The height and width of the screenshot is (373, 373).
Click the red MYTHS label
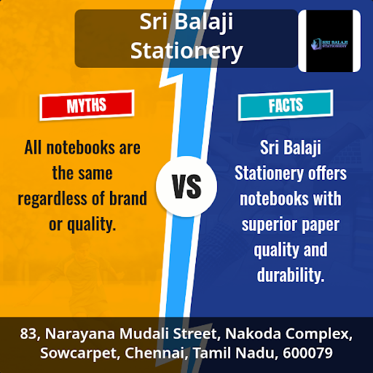pos(87,105)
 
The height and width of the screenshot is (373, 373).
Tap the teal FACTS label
pos(286,105)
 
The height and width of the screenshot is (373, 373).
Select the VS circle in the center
pos(186,186)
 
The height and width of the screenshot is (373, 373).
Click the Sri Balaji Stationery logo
pos(329,41)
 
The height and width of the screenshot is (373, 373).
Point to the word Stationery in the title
pos(186,51)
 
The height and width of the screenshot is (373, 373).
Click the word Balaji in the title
pos(203,23)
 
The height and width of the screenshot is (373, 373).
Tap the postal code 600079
pos(307,353)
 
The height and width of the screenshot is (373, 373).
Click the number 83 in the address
pos(28,334)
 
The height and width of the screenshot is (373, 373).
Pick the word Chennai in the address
pos(157,353)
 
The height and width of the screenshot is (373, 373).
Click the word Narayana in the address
pos(80,334)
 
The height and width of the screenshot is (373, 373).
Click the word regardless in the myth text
pos(52,199)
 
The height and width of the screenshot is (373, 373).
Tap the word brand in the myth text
pos(128,198)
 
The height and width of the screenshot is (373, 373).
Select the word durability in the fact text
pos(291,275)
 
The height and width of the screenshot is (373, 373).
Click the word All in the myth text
pos(33,147)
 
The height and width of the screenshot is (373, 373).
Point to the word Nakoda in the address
pos(253,334)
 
